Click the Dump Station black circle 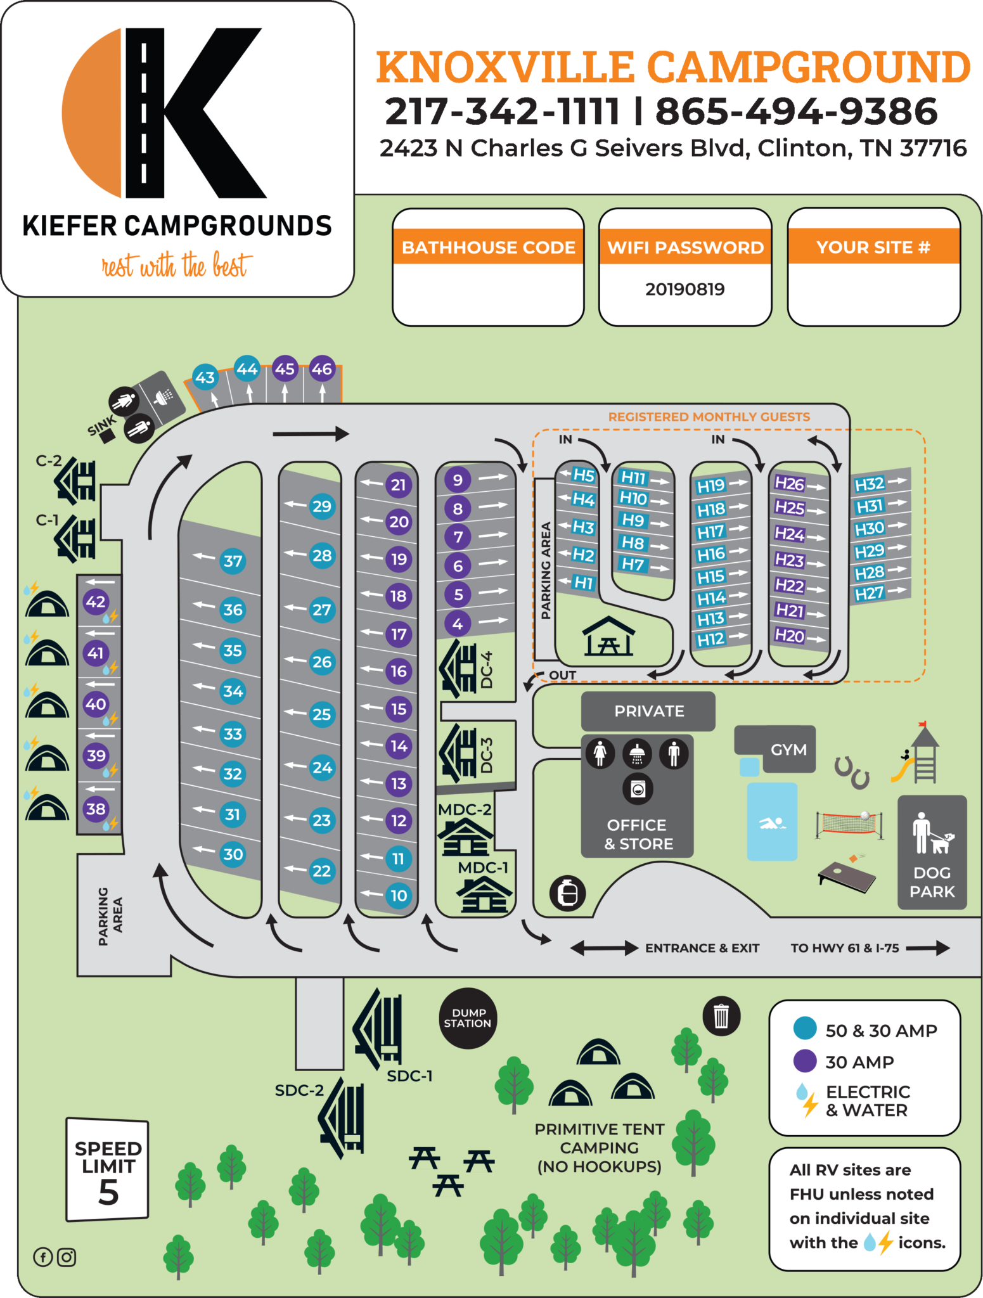(x=467, y=1018)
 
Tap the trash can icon (x=721, y=1017)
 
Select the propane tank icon (x=568, y=894)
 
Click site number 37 (x=233, y=561)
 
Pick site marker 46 (x=322, y=369)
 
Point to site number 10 (x=399, y=896)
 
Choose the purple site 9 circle (x=458, y=480)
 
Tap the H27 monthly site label (x=870, y=594)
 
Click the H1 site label (x=583, y=582)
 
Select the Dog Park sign (x=932, y=852)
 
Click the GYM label (x=788, y=750)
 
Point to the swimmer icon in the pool (x=772, y=823)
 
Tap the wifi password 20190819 (x=684, y=290)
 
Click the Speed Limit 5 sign (x=108, y=1170)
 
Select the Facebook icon (x=43, y=1257)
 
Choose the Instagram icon (x=67, y=1257)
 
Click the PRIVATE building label (x=648, y=711)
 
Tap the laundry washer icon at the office (x=638, y=790)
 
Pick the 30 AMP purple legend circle (x=805, y=1061)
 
